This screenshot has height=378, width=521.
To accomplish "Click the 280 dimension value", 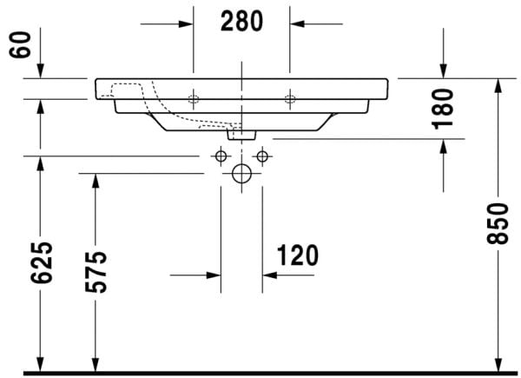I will point(241,22).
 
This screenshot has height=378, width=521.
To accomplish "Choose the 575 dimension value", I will point(95,271).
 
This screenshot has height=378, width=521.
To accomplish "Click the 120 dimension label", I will point(298,255).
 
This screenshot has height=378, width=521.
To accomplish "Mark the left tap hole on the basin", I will point(194,96).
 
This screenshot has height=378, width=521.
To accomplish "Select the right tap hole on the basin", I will point(290,97).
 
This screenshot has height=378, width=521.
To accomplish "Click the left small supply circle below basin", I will point(221,156).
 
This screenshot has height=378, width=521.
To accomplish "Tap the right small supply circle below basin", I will point(260,156).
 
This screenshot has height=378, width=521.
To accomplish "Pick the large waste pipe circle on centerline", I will point(241,174).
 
